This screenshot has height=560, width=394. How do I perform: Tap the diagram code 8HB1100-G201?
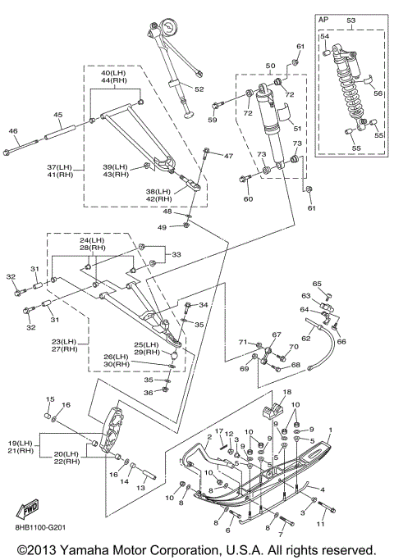[40, 527]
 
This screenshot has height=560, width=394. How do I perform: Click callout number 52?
[199, 89]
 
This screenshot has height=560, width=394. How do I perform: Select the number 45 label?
[58, 115]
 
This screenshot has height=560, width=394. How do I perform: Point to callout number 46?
[13, 131]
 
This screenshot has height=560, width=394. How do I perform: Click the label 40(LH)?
[113, 73]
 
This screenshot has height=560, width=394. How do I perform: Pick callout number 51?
[297, 128]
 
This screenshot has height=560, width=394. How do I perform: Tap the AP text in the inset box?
[323, 20]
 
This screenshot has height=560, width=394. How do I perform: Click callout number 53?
[351, 20]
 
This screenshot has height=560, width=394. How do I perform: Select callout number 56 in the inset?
[378, 93]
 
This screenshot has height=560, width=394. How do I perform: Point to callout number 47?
[228, 156]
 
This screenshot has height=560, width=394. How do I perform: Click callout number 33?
[176, 255]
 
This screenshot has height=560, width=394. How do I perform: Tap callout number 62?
[306, 338]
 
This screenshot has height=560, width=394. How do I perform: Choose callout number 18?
[287, 392]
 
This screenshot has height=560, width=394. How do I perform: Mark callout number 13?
[141, 488]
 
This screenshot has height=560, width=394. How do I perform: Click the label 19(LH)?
[21, 444]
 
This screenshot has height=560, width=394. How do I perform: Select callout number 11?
[320, 524]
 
